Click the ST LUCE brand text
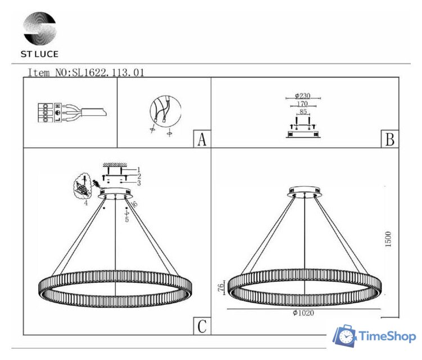point(39,54)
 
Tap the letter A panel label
point(201,139)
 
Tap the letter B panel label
point(389,139)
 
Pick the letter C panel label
point(201,326)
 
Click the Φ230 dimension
point(303,97)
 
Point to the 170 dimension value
point(303,104)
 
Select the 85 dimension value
point(303,112)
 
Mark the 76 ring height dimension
point(221,287)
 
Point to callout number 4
point(86,202)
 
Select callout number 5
point(127,219)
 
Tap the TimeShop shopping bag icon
point(345,336)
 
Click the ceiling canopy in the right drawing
point(304,192)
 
